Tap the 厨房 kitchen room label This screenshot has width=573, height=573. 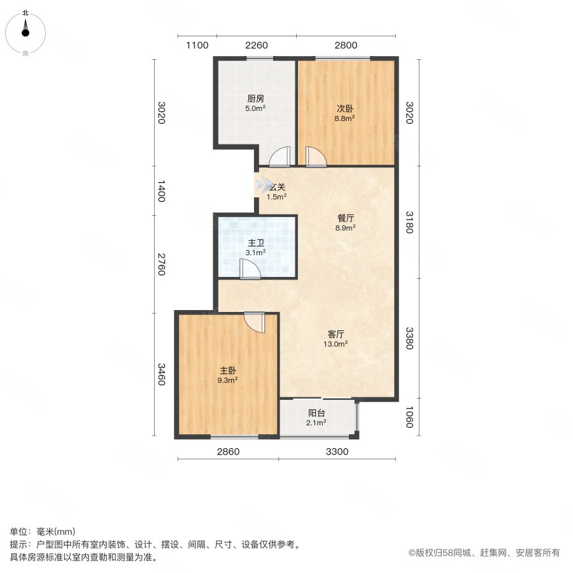tap(256, 99)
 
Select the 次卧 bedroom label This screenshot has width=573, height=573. tap(346, 108)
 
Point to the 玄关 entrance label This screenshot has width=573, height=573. tap(276, 187)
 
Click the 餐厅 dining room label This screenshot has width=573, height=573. tap(346, 217)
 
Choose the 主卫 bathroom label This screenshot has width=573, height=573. tap(256, 243)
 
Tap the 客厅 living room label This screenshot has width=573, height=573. tap(336, 334)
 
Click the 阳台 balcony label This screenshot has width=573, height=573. tap(317, 412)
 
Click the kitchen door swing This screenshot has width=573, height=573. tap(279, 157)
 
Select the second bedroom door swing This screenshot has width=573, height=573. tap(316, 157)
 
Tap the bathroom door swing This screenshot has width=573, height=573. tap(250, 270)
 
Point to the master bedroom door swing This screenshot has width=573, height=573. tap(254, 322)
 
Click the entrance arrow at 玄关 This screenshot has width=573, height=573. tap(262, 185)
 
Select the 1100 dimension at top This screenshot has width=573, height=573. tap(197, 45)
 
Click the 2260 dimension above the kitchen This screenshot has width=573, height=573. tap(256, 45)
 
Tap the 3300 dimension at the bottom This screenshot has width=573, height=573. tap(337, 452)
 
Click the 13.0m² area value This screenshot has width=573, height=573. tap(336, 344)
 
